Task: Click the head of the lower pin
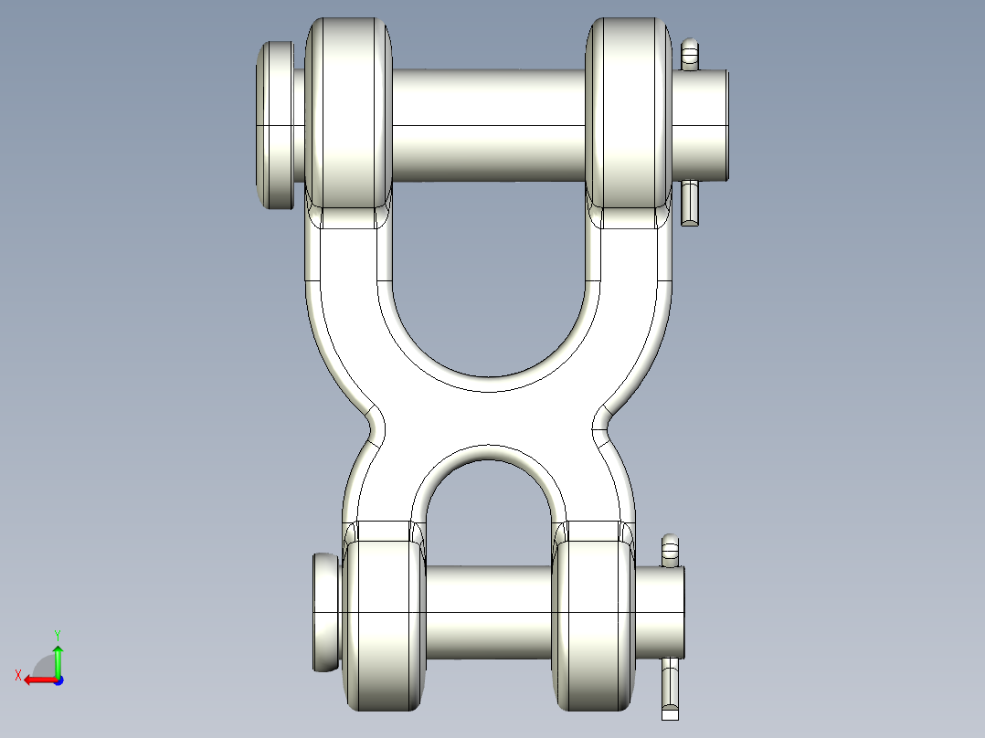click(x=326, y=612)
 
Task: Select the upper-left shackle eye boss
click(x=348, y=114)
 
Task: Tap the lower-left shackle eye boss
click(x=384, y=625)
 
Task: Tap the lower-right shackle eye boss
click(x=594, y=625)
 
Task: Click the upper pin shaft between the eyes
click(x=489, y=125)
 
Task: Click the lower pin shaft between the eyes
click(x=489, y=610)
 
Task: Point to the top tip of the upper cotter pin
click(x=690, y=47)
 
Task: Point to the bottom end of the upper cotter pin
click(x=691, y=217)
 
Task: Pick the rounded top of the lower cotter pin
click(x=671, y=542)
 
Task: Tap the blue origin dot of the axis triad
click(x=58, y=680)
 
